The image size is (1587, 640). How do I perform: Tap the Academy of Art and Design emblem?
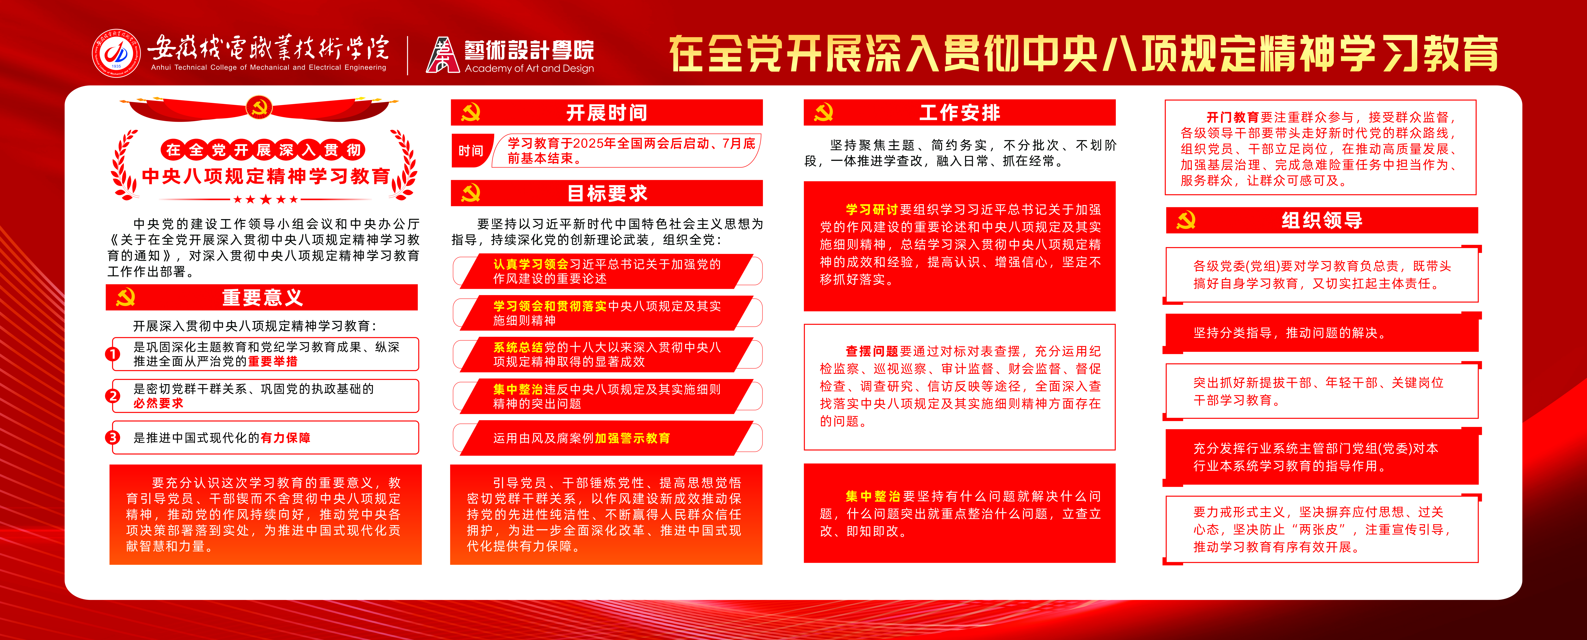(442, 55)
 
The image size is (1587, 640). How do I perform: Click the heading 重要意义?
(262, 298)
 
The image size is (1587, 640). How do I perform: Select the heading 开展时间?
(607, 113)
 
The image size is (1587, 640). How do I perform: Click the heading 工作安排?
(960, 113)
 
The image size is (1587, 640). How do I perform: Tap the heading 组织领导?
(1322, 220)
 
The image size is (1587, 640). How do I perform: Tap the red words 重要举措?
(273, 362)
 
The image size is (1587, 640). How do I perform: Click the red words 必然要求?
(158, 403)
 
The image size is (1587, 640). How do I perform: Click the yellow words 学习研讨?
(872, 209)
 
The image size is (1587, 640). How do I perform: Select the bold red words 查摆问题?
(872, 351)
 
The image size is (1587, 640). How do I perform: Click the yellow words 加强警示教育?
(632, 438)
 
